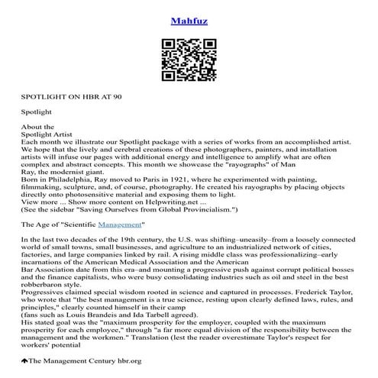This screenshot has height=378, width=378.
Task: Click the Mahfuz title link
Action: (188, 13)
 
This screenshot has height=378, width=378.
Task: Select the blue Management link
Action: (120, 225)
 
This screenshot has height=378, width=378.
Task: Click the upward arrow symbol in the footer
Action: (24, 360)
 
